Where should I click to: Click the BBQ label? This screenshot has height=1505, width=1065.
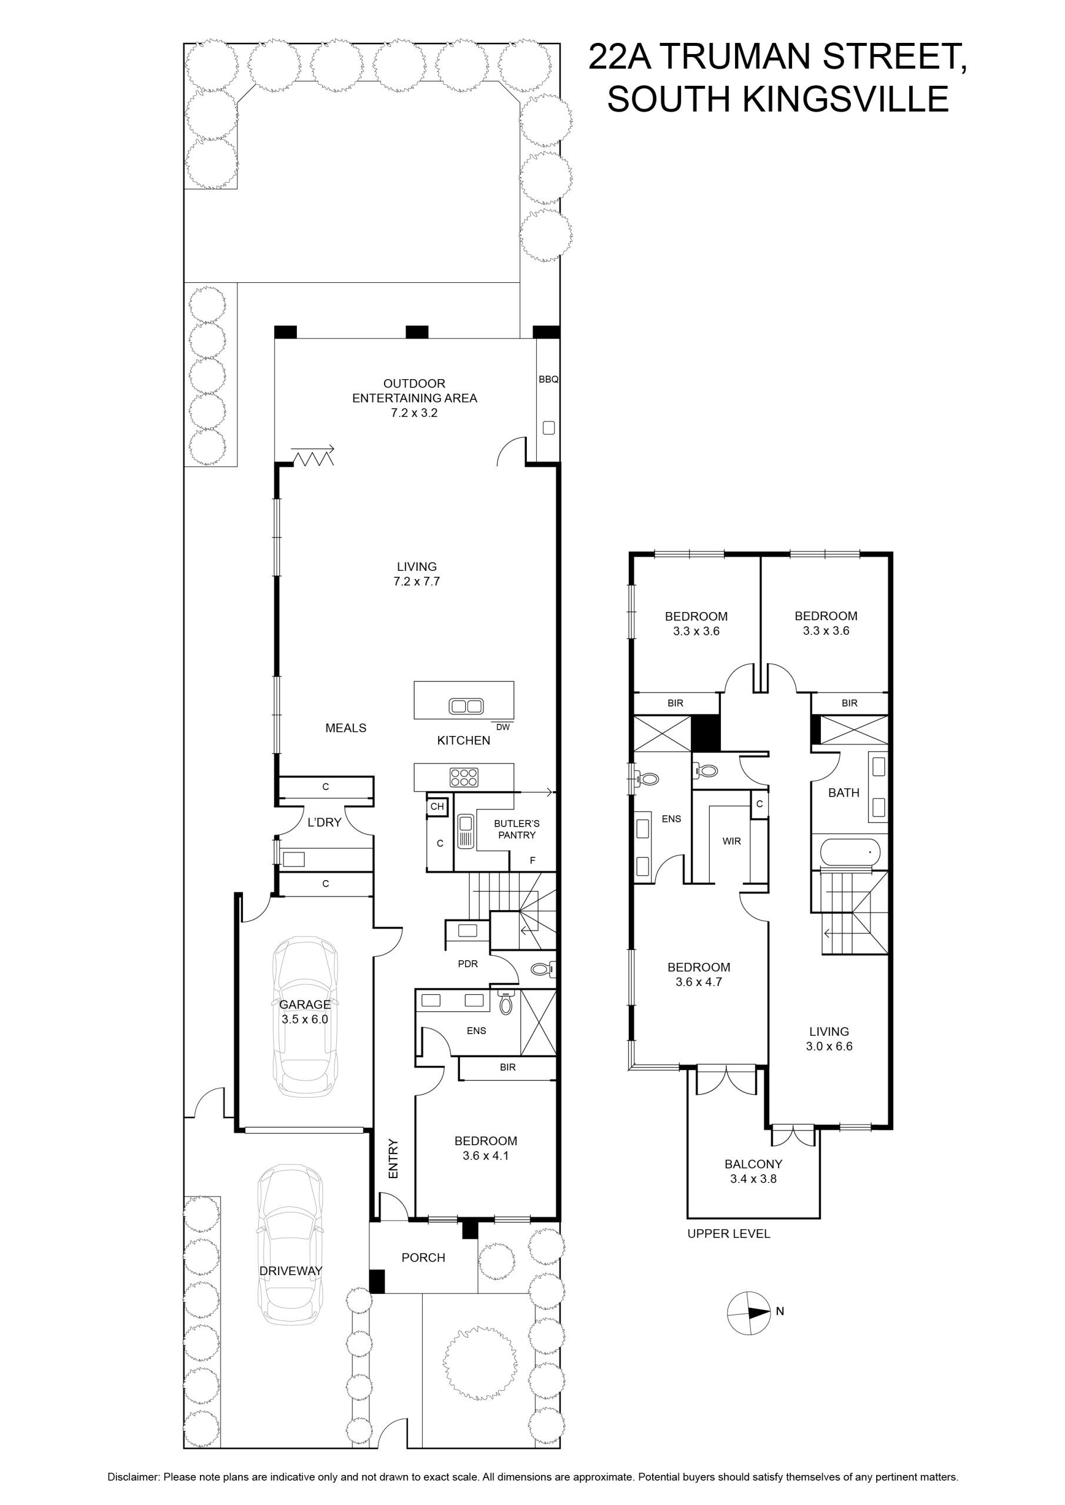pyautogui.click(x=548, y=379)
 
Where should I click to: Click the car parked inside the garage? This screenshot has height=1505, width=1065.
pyautogui.click(x=305, y=1016)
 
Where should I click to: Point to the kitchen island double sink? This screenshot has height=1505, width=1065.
pyautogui.click(x=466, y=706)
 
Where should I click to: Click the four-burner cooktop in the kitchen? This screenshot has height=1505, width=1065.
pyautogui.click(x=463, y=777)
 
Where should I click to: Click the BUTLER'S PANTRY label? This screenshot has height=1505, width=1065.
pyautogui.click(x=517, y=829)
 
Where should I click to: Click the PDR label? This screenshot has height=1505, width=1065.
pyautogui.click(x=468, y=964)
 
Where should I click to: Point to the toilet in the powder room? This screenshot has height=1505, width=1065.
pyautogui.click(x=543, y=968)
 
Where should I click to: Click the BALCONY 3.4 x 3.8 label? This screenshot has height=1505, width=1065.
pyautogui.click(x=753, y=1171)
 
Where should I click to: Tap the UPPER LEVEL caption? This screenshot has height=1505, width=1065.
pyautogui.click(x=729, y=1233)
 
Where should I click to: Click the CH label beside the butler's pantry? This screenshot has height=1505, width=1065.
pyautogui.click(x=437, y=806)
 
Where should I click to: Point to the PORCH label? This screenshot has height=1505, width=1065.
pyautogui.click(x=423, y=1257)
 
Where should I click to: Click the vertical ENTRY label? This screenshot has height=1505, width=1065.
pyautogui.click(x=393, y=1158)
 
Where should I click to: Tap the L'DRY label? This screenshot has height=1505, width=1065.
pyautogui.click(x=324, y=822)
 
